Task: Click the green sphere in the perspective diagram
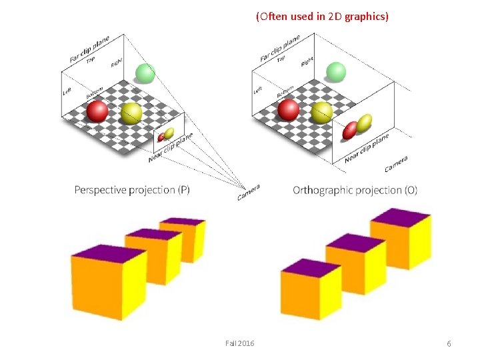[x=145, y=73]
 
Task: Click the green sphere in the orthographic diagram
[x=336, y=71]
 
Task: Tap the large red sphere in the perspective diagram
[x=97, y=111]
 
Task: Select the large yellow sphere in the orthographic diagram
[x=322, y=112]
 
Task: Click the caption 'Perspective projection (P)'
[x=132, y=190]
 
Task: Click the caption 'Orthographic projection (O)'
[x=355, y=191]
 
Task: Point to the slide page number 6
[x=449, y=343]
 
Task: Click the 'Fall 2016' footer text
[x=239, y=343]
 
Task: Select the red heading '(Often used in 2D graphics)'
[x=322, y=17]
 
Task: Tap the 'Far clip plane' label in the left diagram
[x=89, y=49]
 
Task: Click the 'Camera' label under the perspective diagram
[x=248, y=192]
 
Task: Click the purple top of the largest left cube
[x=109, y=254]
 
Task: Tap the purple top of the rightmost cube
[x=401, y=217]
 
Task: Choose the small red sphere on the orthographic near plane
[x=349, y=131]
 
